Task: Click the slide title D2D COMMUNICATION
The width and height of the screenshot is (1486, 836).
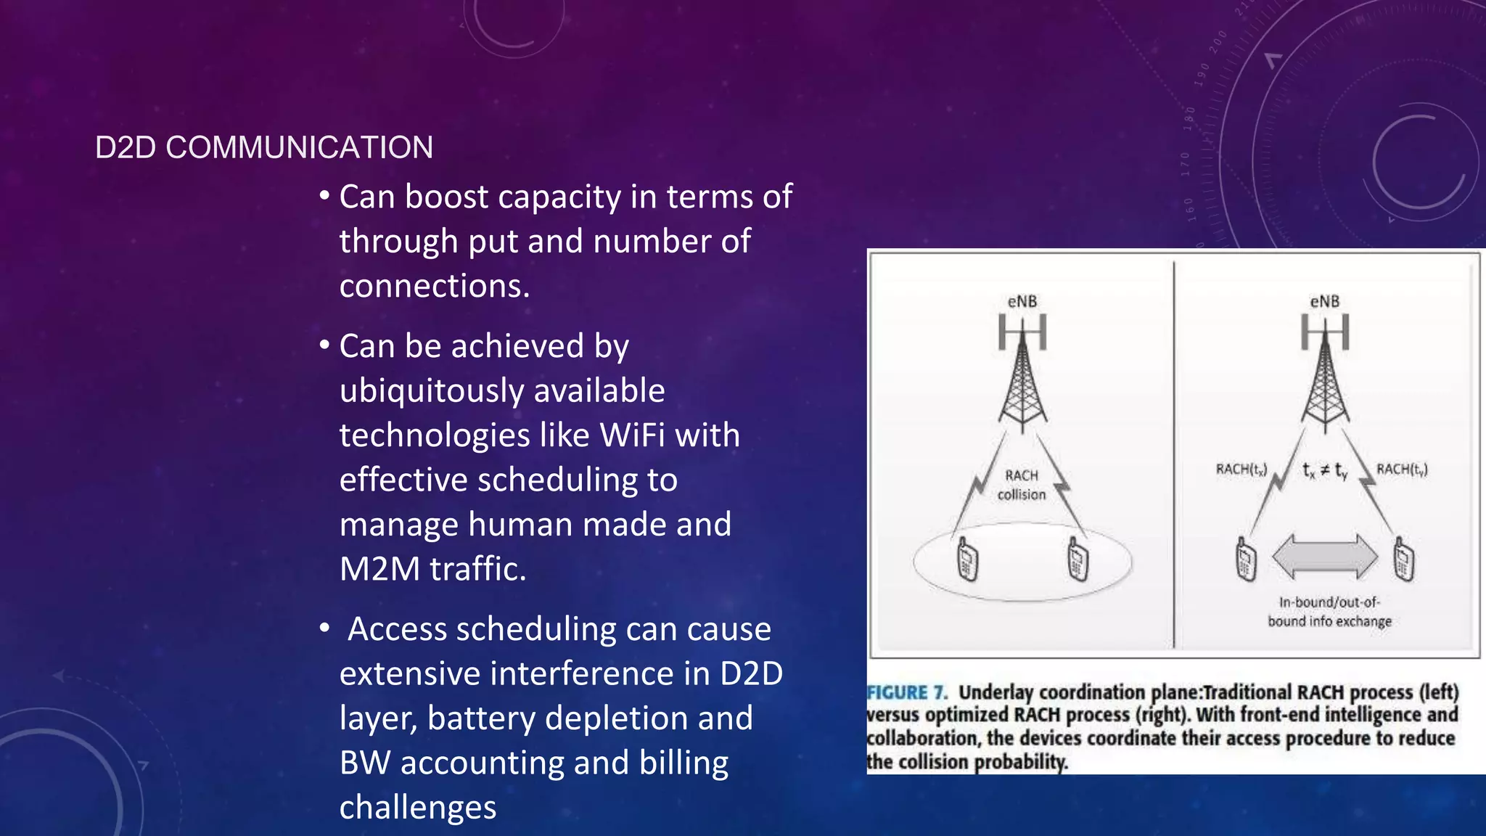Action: click(264, 147)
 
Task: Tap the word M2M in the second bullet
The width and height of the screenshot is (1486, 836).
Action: click(379, 569)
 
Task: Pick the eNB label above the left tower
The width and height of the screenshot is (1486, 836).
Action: click(1022, 301)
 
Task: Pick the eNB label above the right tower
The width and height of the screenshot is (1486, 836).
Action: click(1324, 301)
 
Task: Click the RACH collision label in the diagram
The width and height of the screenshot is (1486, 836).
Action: click(1022, 485)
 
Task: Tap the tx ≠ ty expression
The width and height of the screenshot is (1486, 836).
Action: click(1325, 470)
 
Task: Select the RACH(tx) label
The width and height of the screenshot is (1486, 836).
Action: click(1241, 470)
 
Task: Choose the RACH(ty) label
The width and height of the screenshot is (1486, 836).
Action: click(1402, 470)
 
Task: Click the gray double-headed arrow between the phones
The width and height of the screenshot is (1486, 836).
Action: click(1325, 557)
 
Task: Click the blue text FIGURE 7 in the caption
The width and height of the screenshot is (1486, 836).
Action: click(907, 693)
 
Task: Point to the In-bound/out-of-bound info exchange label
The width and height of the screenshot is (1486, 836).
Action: click(1329, 612)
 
